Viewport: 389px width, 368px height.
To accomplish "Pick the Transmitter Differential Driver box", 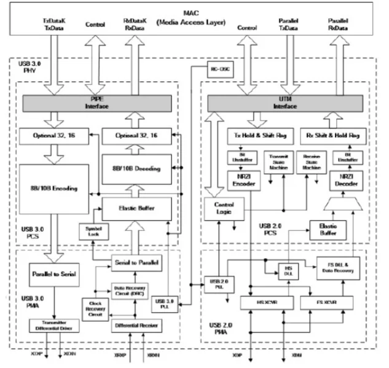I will click(51, 325).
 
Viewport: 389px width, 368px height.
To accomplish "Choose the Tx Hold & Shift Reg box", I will click(250, 134).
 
